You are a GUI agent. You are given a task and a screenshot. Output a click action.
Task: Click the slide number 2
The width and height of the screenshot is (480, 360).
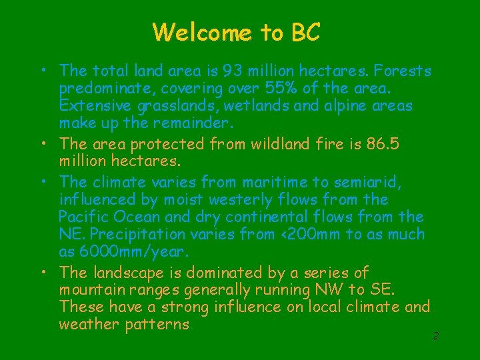tap(436, 336)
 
